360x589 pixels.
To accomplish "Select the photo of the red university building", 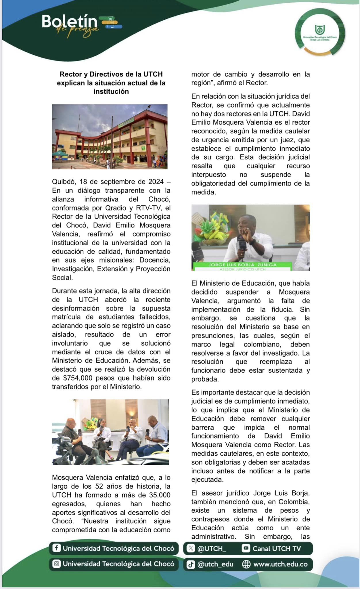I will [x=110, y=137].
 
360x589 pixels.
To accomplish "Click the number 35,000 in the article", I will [x=160, y=495].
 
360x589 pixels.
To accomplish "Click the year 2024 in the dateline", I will [x=156, y=182].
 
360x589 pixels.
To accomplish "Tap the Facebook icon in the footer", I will [x=56, y=548].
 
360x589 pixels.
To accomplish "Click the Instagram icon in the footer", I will [x=56, y=564].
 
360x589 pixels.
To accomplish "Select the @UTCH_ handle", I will [x=211, y=548].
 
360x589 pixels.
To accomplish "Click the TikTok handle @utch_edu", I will [x=215, y=564].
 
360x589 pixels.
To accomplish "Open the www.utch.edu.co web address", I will [x=280, y=564].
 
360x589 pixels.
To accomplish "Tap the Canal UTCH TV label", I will [x=277, y=548].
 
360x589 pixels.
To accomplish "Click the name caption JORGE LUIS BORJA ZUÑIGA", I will [x=242, y=265].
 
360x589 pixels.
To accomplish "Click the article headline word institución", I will [x=111, y=91].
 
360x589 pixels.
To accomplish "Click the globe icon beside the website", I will [x=246, y=564].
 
